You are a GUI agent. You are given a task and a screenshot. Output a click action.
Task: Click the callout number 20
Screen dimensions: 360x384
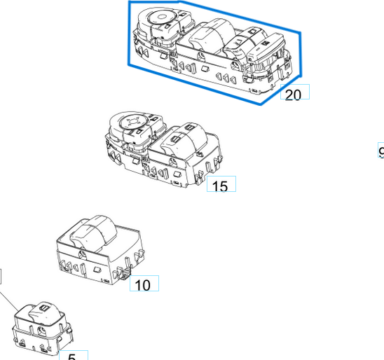(294, 95)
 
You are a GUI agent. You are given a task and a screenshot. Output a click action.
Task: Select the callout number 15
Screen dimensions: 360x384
(220, 186)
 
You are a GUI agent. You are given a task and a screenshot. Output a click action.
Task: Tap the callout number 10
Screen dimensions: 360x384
(142, 285)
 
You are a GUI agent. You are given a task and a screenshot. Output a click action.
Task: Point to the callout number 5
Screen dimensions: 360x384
(72, 356)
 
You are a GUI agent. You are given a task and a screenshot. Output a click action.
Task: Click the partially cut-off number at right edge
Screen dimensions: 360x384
(381, 152)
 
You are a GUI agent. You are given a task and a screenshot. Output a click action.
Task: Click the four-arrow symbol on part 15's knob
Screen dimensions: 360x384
(130, 123)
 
